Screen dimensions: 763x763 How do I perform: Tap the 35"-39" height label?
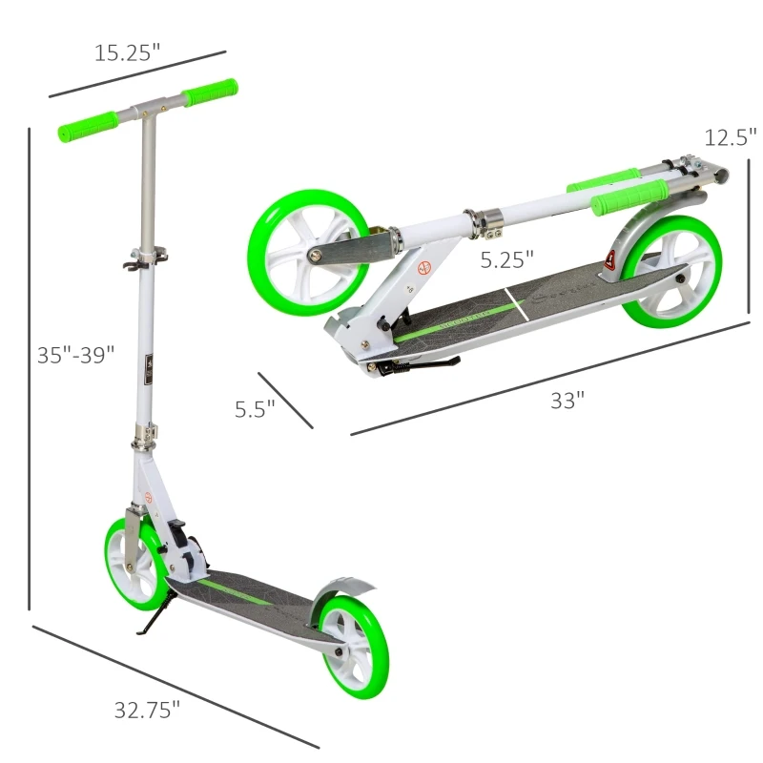click(x=75, y=355)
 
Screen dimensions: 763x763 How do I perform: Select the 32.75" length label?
click(x=147, y=710)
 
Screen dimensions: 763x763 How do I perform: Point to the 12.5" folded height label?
click(x=731, y=137)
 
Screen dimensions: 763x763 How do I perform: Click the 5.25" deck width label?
click(x=506, y=258)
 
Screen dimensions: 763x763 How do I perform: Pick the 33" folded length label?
click(x=567, y=401)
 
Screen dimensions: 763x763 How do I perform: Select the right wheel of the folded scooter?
click(x=672, y=272)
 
